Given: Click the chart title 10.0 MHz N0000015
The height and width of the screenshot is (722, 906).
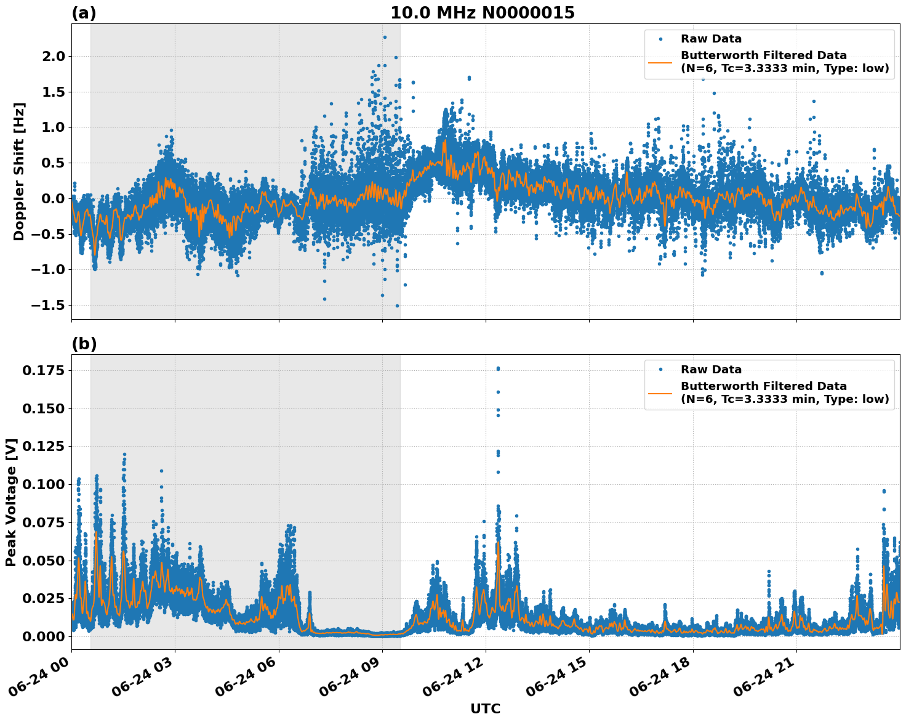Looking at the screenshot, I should pos(483,13).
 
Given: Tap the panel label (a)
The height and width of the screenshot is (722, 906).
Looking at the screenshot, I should pos(84,13).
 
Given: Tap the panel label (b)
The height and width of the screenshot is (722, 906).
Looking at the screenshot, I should pos(84,344).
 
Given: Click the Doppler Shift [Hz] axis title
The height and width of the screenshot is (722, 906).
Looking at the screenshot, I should pos(19,171).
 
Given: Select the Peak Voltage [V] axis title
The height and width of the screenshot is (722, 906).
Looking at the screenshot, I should pos(11,502).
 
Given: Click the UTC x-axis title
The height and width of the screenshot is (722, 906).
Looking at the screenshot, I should pos(485,708).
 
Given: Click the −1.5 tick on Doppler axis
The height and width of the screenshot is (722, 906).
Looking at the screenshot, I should pos(47,306).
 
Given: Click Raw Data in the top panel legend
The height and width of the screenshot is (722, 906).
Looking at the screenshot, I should pos(711,39).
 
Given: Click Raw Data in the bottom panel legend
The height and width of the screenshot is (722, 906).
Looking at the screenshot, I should pos(711,370).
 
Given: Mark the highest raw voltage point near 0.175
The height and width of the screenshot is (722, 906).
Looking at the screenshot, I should pos(498,368).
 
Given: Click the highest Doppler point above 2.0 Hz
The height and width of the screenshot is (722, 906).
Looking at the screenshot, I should pos(385,37).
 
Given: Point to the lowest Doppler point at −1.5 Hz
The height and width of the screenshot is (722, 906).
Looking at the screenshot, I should pos(397,306).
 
